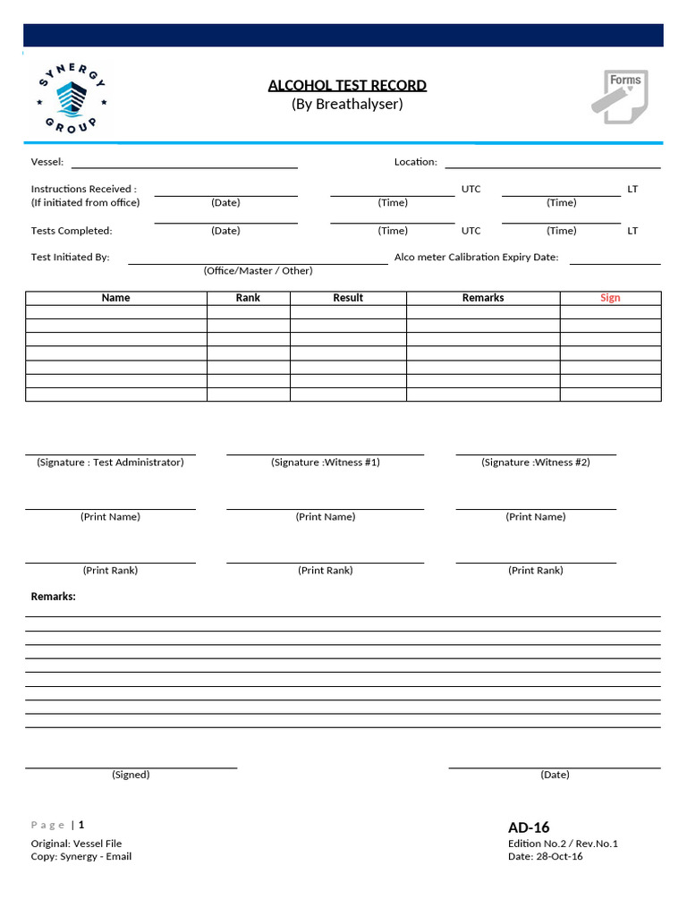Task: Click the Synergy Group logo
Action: tap(72, 98)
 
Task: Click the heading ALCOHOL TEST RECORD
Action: tap(347, 86)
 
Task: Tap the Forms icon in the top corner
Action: tap(619, 98)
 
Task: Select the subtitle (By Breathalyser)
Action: tap(347, 105)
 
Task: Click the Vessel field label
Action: tap(47, 162)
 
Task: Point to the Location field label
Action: tap(416, 162)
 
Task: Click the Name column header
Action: tap(115, 298)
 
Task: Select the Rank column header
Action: tap(248, 298)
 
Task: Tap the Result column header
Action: tap(348, 298)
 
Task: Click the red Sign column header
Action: tap(610, 298)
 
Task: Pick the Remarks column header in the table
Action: tap(483, 298)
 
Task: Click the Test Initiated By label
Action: tap(71, 258)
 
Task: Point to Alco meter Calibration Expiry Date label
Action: tap(476, 258)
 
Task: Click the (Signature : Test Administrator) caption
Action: tap(110, 462)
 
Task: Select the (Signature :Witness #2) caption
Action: tap(536, 462)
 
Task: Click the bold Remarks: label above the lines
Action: tap(54, 597)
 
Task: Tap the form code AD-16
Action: tap(529, 827)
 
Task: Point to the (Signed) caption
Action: tap(131, 775)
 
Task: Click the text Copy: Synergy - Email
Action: tap(81, 857)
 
